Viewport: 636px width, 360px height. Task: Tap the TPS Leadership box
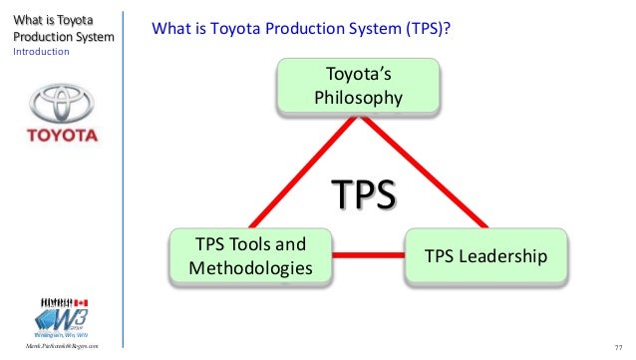pos(485,256)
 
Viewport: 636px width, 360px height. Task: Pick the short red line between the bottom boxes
pos(367,256)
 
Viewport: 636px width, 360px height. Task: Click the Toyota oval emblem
pos(62,104)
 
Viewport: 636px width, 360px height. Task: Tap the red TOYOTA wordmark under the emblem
pos(62,134)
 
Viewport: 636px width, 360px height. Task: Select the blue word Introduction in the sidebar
pos(41,52)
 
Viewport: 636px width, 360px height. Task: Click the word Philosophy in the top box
pos(358,97)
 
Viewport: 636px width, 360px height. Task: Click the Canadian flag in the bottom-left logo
pos(82,301)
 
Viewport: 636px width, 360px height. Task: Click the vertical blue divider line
pos(125,180)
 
